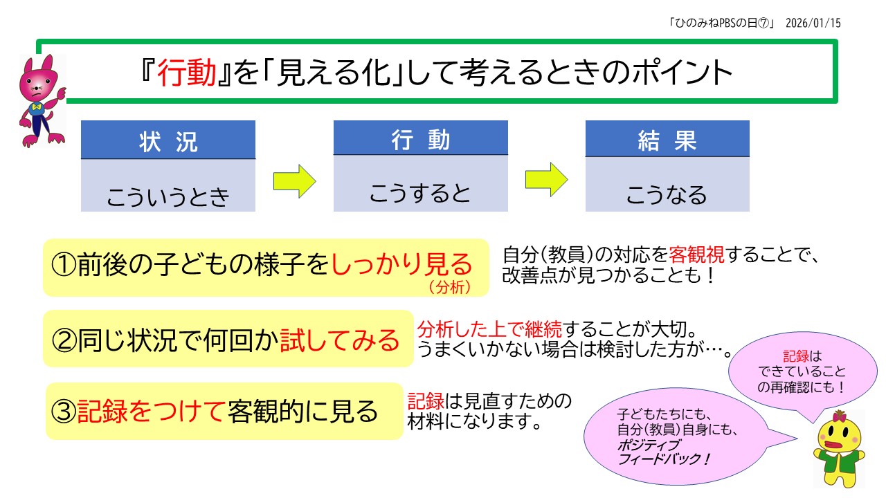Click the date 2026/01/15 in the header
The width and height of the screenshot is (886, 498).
[815, 22]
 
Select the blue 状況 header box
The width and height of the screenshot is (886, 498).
[168, 140]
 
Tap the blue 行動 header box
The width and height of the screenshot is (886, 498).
[420, 138]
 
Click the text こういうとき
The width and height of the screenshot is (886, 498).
[168, 197]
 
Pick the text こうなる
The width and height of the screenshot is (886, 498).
[667, 194]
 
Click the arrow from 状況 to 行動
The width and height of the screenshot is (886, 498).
[294, 181]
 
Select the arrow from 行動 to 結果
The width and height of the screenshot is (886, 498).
[546, 179]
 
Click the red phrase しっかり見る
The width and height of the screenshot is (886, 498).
[401, 264]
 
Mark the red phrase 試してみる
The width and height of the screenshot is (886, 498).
[340, 340]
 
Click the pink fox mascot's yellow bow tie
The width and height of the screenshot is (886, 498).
[37, 107]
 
